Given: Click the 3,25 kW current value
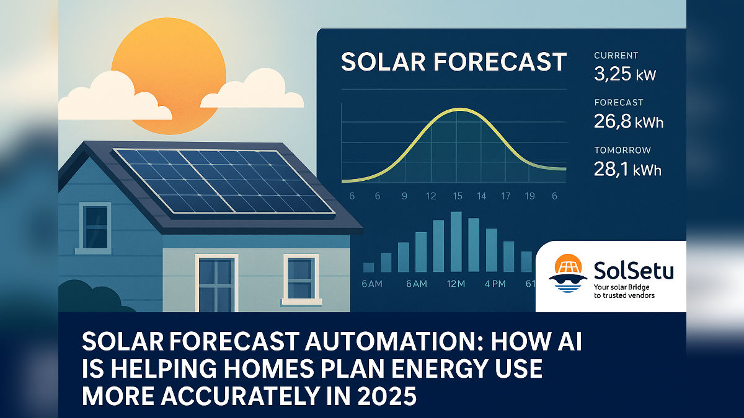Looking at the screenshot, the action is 625,74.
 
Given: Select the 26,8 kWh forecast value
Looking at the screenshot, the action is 629,122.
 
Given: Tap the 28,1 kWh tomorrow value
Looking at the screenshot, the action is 627,169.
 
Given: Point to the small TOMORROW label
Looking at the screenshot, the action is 622,150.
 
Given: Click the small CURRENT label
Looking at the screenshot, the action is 616,55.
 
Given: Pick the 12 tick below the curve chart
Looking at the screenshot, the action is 431,196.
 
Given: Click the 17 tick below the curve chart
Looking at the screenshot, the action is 505,196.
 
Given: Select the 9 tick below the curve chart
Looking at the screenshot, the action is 404,196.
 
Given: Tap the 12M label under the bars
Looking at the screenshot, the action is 456,284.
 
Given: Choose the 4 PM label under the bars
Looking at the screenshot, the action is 495,284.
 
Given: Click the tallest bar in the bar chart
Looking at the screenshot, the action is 456,242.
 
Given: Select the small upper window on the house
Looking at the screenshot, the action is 95,227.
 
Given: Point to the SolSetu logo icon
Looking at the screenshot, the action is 568,273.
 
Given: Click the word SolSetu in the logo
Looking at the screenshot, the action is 634,271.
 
